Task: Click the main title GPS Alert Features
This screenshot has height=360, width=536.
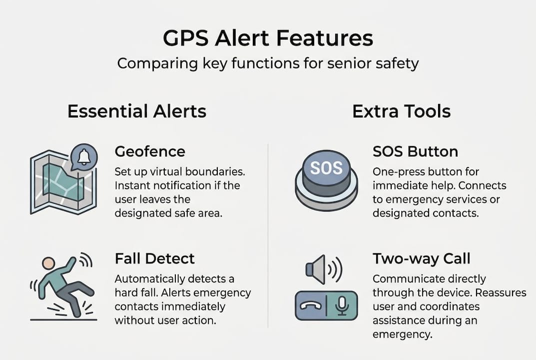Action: click(x=268, y=38)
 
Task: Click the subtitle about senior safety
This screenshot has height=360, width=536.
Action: click(x=268, y=64)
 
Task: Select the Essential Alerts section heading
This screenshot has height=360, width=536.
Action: click(x=136, y=111)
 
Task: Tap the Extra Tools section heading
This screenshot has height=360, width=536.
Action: click(x=401, y=111)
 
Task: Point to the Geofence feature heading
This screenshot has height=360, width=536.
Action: click(x=150, y=151)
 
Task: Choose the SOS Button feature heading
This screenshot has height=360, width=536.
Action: click(x=415, y=151)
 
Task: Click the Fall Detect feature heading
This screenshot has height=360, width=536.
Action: click(x=154, y=258)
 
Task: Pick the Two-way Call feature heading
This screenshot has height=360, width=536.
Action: click(x=422, y=258)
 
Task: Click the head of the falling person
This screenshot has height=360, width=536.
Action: click(x=48, y=263)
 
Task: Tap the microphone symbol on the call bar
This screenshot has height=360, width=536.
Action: click(x=342, y=305)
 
